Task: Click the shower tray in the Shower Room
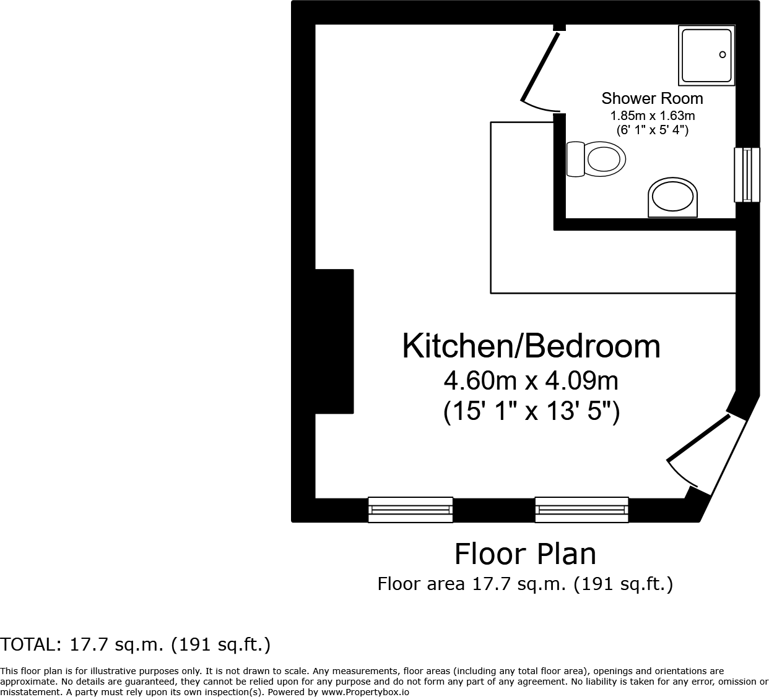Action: pyautogui.click(x=706, y=56)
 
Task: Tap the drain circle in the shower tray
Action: pyautogui.click(x=723, y=55)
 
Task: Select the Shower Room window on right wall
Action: pyautogui.click(x=747, y=175)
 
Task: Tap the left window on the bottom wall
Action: pyautogui.click(x=410, y=510)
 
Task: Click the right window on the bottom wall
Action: pyautogui.click(x=581, y=510)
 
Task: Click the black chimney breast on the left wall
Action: pyautogui.click(x=334, y=341)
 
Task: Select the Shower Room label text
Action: pyautogui.click(x=652, y=98)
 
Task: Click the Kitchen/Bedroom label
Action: pyautogui.click(x=531, y=346)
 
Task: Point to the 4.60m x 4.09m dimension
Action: pyautogui.click(x=531, y=381)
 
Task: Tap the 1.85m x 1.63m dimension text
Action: pyautogui.click(x=652, y=116)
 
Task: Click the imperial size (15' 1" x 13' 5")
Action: pyautogui.click(x=531, y=412)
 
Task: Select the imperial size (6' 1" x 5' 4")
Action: pyautogui.click(x=652, y=130)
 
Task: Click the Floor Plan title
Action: pyautogui.click(x=525, y=554)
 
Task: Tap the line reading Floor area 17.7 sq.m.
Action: pyautogui.click(x=525, y=584)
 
